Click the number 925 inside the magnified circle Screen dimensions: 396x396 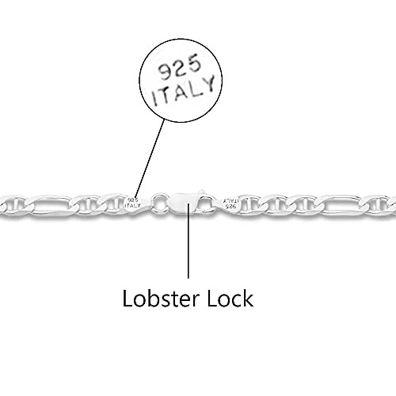pyautogui.click(x=179, y=68)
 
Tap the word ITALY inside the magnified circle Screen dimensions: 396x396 pyautogui.click(x=184, y=89)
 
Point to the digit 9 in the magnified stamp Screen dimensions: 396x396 pyautogui.click(x=165, y=72)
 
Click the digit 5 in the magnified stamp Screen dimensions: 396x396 pyautogui.click(x=194, y=63)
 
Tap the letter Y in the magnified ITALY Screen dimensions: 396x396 pyautogui.click(x=209, y=83)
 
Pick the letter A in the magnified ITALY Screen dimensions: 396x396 pyautogui.click(x=181, y=92)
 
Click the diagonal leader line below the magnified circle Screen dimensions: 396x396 pyautogui.click(x=150, y=158)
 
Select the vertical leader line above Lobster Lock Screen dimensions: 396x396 pyautogui.click(x=188, y=241)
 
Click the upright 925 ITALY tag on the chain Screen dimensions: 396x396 pyautogui.click(x=133, y=203)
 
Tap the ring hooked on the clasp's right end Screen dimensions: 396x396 pyautogui.click(x=208, y=204)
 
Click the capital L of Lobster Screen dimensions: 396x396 pyautogui.click(x=128, y=299)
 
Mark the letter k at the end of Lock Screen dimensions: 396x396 pyautogui.click(x=249, y=299)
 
